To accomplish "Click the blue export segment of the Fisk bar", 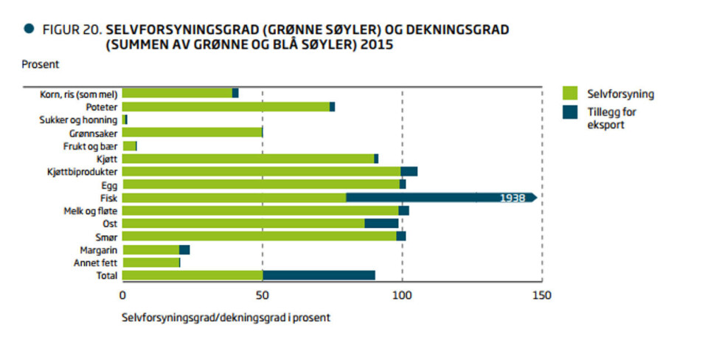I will click(413, 198).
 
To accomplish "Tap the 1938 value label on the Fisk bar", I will click(512, 198).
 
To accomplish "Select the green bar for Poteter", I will click(226, 107).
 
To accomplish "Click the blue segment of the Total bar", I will click(319, 275).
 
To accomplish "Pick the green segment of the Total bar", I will click(192, 275).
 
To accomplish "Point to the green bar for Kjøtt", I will click(248, 159).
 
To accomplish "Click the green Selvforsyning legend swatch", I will click(570, 94).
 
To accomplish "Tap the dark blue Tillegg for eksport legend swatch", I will click(570, 112).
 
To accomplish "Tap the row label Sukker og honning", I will click(78, 120).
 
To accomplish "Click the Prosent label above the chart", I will click(40, 64).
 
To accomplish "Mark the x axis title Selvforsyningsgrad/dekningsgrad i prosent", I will click(226, 319).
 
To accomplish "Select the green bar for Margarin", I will click(150, 249).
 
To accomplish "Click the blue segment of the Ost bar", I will click(381, 224).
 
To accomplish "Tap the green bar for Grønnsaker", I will click(192, 133).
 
